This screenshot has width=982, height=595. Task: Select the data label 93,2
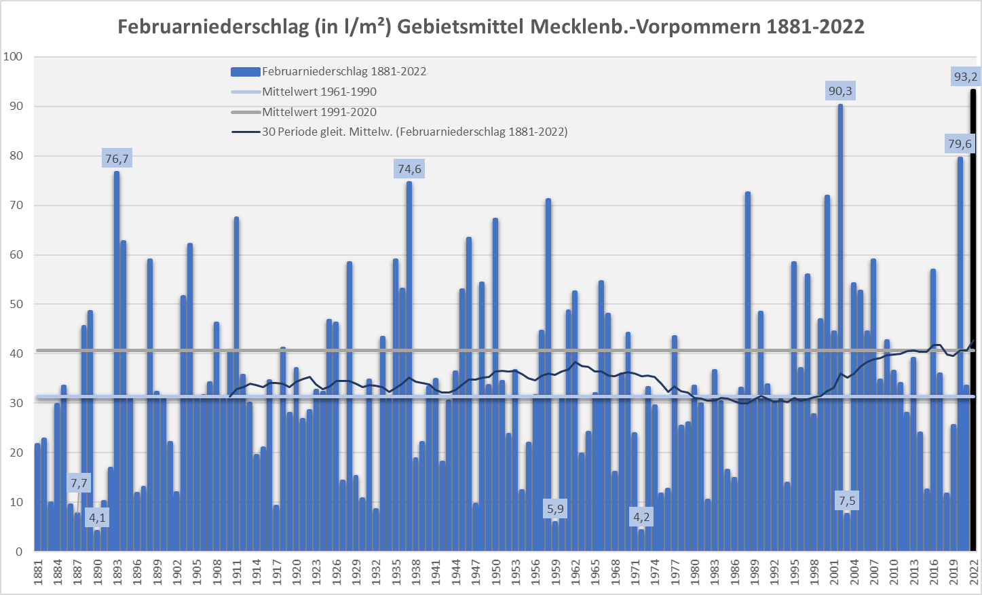(965, 77)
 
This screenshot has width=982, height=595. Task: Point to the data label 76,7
(117, 159)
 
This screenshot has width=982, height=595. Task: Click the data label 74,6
(409, 169)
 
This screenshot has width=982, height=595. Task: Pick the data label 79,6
(960, 144)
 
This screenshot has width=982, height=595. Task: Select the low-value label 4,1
(98, 518)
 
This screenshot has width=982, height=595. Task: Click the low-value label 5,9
(555, 509)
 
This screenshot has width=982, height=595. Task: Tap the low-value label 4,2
(641, 518)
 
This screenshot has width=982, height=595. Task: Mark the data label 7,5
(847, 501)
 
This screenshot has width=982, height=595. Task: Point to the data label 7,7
(79, 484)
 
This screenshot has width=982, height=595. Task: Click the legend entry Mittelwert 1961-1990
(319, 92)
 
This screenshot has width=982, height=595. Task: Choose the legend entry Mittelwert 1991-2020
(319, 112)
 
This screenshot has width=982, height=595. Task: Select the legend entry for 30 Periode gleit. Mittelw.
(414, 132)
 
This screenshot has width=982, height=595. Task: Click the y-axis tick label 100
(13, 57)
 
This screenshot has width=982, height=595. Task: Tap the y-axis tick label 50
(16, 304)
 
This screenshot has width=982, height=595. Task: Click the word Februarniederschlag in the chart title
(213, 27)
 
